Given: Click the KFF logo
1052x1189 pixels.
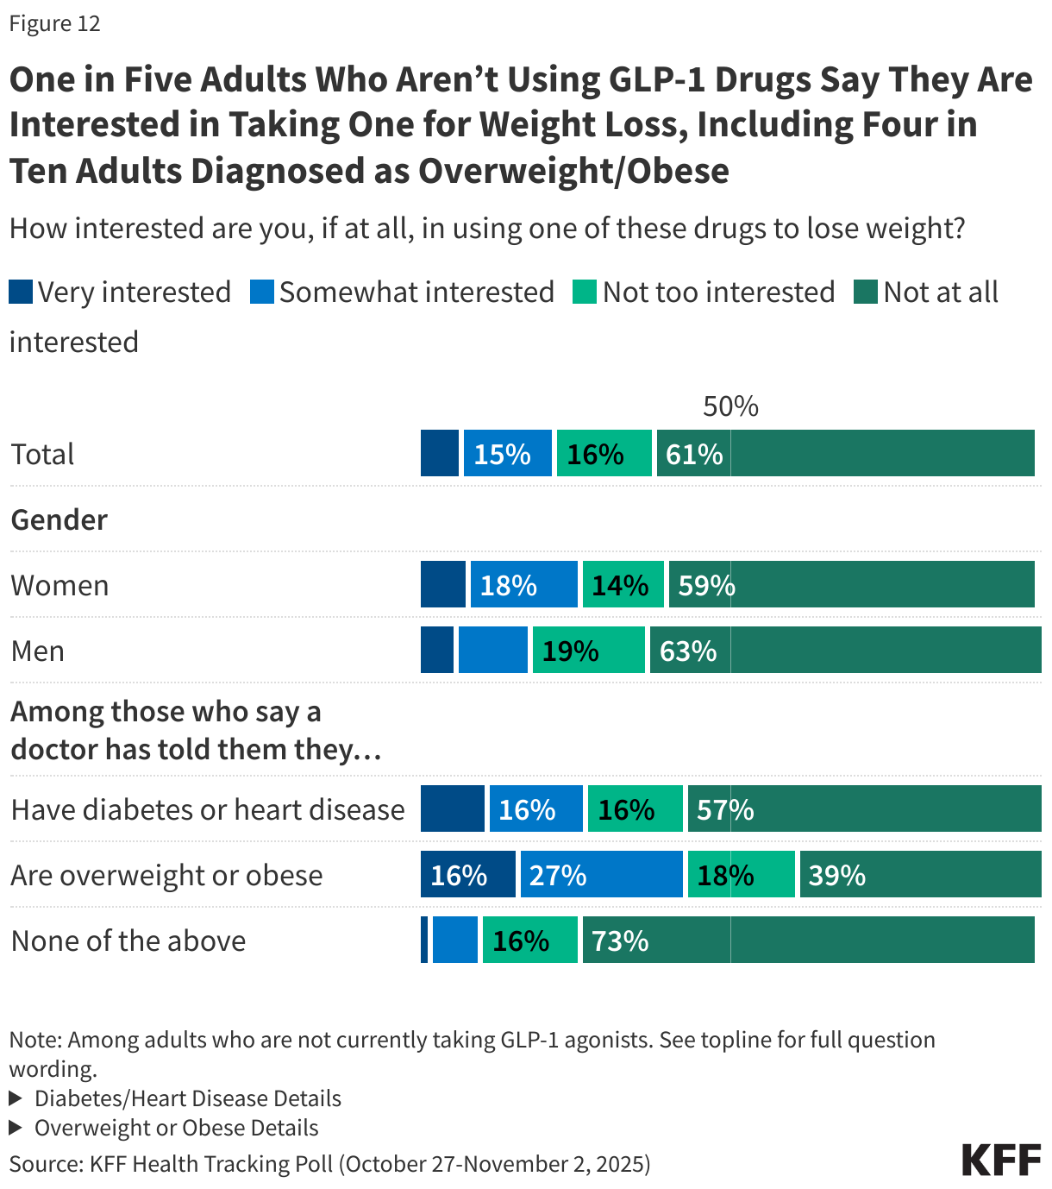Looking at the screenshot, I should click(x=1001, y=1160).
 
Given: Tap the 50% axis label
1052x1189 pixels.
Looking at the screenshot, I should click(x=730, y=406).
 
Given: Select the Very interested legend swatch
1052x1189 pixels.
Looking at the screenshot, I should click(x=21, y=292).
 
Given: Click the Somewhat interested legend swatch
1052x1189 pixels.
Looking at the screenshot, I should click(x=261, y=292).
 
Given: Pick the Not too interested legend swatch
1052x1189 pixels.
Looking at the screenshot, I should click(x=585, y=292).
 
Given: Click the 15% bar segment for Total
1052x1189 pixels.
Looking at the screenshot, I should click(x=507, y=454).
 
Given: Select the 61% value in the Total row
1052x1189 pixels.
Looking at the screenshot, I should click(x=694, y=454).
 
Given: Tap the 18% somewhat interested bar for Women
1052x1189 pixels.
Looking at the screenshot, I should click(x=523, y=585).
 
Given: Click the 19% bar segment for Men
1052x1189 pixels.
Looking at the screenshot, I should click(x=588, y=651).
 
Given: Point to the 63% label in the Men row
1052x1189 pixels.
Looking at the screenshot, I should click(x=688, y=651).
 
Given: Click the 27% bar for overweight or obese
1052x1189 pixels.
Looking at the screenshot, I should click(x=601, y=875).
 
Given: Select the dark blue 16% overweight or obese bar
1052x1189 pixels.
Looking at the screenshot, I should click(x=467, y=875).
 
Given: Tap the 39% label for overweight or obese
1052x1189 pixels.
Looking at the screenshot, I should click(x=836, y=875).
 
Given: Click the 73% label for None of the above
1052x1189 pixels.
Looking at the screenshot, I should click(x=620, y=941).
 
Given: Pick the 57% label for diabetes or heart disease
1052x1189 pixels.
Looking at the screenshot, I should click(x=725, y=809).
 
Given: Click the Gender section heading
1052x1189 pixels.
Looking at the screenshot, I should click(x=59, y=519).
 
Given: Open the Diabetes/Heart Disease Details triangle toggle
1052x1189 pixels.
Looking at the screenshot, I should click(x=16, y=1098).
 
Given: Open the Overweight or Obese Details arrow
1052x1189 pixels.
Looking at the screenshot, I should click(x=16, y=1128).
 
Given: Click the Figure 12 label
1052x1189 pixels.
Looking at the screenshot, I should click(x=54, y=23).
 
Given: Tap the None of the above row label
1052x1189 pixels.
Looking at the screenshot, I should click(x=128, y=941).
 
